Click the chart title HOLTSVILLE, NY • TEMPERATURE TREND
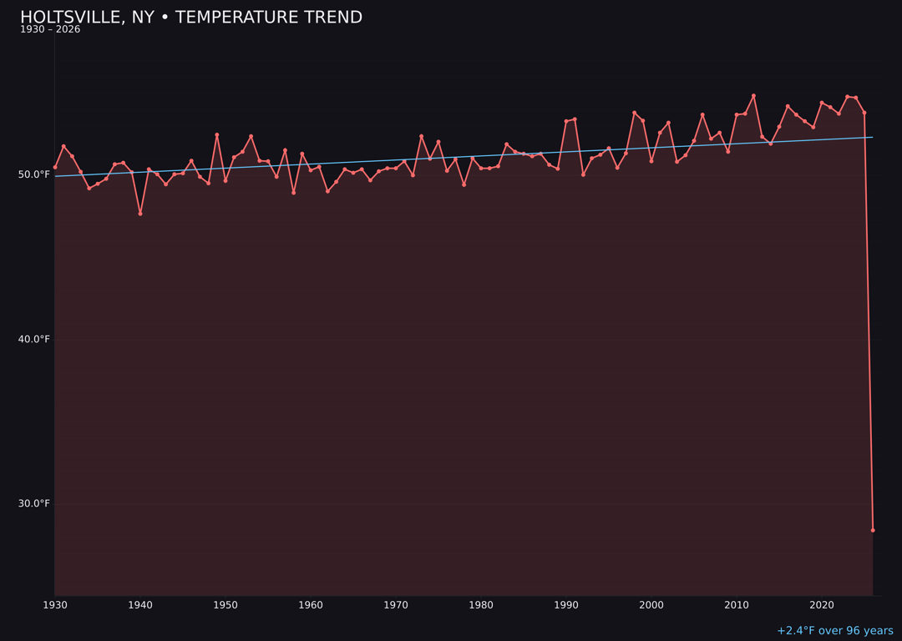(191, 18)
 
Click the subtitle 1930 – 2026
(50, 30)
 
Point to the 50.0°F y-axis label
(33, 174)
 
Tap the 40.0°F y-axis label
(33, 339)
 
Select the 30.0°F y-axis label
(33, 503)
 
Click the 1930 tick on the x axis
(55, 605)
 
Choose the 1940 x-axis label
(140, 605)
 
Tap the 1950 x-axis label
(225, 605)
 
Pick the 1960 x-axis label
(311, 605)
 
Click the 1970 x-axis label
(396, 605)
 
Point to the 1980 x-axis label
(481, 605)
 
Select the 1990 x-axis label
(566, 605)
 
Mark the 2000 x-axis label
(651, 605)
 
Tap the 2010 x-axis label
(737, 605)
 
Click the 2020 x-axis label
(822, 605)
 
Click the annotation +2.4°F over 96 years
(834, 631)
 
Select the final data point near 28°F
(873, 530)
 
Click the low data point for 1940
(140, 214)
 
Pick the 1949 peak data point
(217, 135)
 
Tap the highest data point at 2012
(753, 96)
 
